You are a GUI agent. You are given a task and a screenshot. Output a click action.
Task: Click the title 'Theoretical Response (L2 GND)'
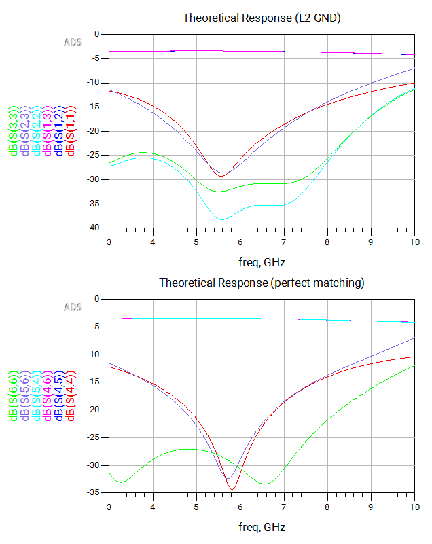pos(262,18)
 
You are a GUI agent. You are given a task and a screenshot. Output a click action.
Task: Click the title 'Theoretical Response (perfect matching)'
pos(262,283)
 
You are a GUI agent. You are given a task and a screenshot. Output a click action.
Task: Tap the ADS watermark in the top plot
pos(73,42)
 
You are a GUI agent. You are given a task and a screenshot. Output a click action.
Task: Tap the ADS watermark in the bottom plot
pos(73,307)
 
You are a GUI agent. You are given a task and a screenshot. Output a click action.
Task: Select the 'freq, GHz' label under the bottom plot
pos(262,527)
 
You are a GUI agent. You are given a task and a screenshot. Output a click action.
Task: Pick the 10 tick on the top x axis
pos(414,241)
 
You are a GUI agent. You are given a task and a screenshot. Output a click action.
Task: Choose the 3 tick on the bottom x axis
pos(109,507)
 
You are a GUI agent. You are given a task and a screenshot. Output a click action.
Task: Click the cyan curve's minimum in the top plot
pos(222,219)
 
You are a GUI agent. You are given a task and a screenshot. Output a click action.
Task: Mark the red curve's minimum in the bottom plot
pos(232,489)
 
